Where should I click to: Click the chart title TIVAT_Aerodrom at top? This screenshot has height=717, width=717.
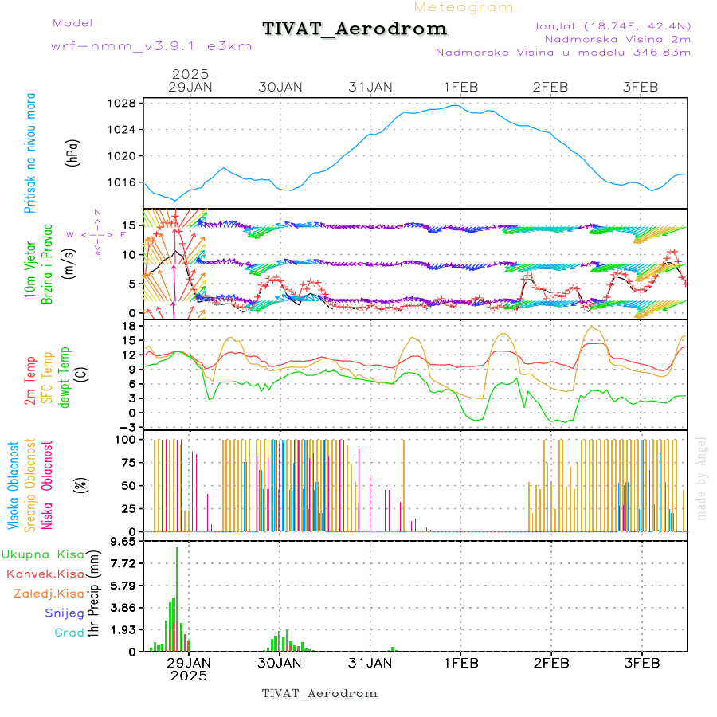(x=355, y=29)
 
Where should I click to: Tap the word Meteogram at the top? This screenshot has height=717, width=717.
(x=464, y=7)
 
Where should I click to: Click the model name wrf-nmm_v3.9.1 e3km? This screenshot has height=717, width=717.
(x=151, y=46)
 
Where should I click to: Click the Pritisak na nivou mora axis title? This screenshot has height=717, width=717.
(x=30, y=153)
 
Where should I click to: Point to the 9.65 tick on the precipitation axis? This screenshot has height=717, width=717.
(x=122, y=541)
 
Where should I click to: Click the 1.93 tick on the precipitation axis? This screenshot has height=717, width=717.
(x=122, y=629)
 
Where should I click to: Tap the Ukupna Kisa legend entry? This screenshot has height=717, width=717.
(x=42, y=554)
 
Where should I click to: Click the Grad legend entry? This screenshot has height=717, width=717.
(x=69, y=633)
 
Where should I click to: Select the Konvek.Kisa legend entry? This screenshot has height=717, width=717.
(x=45, y=574)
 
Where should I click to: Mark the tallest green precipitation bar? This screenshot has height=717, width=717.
(x=178, y=597)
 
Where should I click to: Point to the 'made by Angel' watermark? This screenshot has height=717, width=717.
(x=702, y=478)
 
